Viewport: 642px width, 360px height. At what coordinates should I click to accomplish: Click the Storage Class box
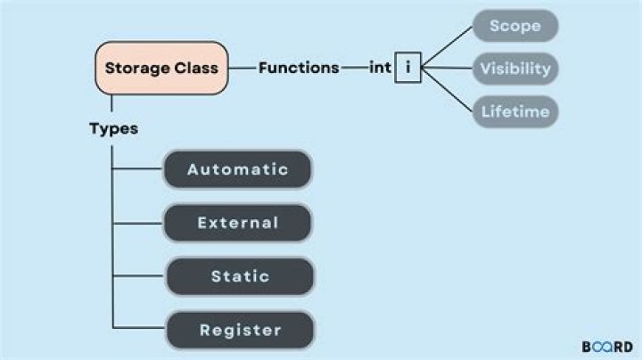click(x=162, y=68)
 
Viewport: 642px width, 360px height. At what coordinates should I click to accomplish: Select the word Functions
click(x=299, y=68)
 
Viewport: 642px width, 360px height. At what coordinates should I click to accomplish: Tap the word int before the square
click(x=380, y=68)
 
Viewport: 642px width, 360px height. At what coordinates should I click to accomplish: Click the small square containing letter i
click(x=407, y=68)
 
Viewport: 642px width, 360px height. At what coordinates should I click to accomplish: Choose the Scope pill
click(x=514, y=26)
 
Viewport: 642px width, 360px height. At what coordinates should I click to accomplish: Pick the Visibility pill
click(x=514, y=68)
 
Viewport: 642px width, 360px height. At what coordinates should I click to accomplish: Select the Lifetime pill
click(x=514, y=111)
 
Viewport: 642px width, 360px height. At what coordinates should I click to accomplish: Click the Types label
click(x=113, y=128)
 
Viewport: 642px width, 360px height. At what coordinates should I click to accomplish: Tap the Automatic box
click(x=237, y=169)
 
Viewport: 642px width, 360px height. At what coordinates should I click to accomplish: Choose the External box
click(x=237, y=223)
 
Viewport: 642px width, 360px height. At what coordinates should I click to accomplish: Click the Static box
click(x=239, y=276)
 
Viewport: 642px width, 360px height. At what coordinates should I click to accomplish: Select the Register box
click(x=239, y=330)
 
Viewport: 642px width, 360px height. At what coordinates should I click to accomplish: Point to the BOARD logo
click(x=606, y=347)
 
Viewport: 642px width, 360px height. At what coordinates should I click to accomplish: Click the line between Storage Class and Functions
click(x=243, y=68)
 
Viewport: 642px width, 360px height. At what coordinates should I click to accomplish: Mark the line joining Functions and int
click(x=353, y=68)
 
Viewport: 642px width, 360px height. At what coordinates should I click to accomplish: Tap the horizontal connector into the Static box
click(x=138, y=276)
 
